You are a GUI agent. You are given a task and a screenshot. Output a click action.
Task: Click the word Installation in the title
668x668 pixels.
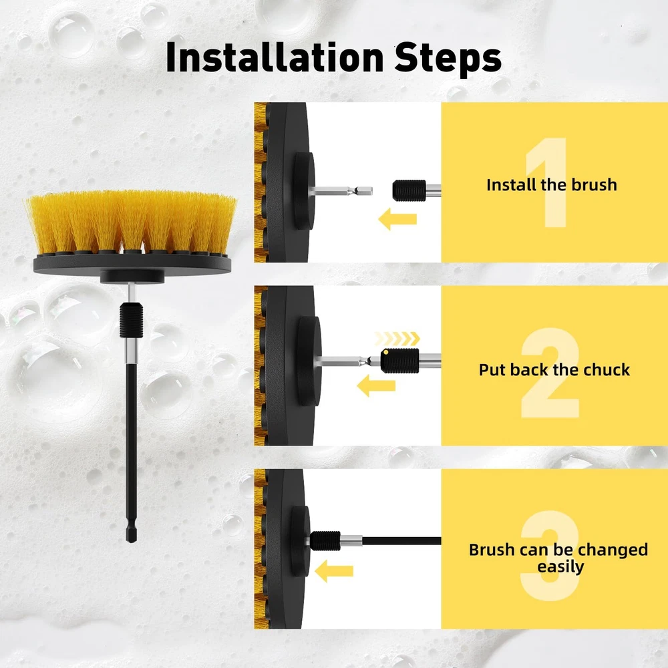point(275,57)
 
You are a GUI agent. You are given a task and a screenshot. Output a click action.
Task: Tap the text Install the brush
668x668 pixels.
point(552,185)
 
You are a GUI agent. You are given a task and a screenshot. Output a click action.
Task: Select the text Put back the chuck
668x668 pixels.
point(554,370)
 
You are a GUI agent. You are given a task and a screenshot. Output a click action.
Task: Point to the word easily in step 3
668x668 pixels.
point(560,567)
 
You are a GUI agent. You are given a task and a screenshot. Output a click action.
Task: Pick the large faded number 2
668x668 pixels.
point(550,373)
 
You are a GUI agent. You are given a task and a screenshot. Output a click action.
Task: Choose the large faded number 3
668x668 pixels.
point(550,556)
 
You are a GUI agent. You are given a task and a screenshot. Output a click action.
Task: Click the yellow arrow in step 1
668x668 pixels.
point(397,219)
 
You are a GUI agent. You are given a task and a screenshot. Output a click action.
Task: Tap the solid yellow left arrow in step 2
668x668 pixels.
point(376,385)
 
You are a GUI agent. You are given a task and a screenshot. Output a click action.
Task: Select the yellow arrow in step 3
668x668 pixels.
point(334,571)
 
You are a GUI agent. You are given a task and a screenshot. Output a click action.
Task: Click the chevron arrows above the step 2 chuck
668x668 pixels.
point(397,339)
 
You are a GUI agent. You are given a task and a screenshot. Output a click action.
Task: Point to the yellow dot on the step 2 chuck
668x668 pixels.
point(385,352)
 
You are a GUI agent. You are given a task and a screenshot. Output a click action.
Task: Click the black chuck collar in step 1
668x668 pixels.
point(409,190)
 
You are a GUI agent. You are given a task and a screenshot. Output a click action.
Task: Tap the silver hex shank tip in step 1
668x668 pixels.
point(362,191)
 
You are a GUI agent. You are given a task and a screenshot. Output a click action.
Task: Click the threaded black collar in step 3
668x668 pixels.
point(325,541)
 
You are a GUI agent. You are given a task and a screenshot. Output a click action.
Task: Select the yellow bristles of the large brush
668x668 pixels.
point(131,222)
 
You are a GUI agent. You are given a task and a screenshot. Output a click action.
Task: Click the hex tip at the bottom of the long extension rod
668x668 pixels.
point(132,534)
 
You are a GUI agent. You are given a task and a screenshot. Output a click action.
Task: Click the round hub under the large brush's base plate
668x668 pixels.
point(132,276)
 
